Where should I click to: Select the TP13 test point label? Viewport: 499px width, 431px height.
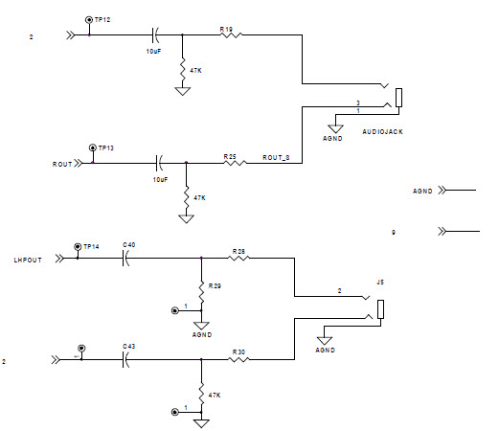pos(105,148)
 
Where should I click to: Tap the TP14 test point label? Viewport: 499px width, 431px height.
pos(92,246)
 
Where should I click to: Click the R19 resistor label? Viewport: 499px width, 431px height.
pos(227,30)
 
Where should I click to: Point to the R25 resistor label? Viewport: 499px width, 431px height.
pos(230,155)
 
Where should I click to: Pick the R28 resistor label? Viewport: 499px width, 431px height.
pos(238,251)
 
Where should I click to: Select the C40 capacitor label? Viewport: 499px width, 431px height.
pos(128,245)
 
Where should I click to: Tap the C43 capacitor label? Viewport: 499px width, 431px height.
pos(128,346)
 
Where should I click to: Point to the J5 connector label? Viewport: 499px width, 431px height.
pos(380,282)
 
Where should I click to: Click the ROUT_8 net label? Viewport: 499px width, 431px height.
pos(277,158)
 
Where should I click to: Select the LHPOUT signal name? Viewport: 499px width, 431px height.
pos(28,260)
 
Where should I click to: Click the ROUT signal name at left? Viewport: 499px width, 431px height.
pos(62,164)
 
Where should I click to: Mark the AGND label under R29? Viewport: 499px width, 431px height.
pos(201,335)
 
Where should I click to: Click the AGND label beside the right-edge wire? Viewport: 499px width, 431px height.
pos(423,192)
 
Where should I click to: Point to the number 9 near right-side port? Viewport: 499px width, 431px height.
pos(394,233)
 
